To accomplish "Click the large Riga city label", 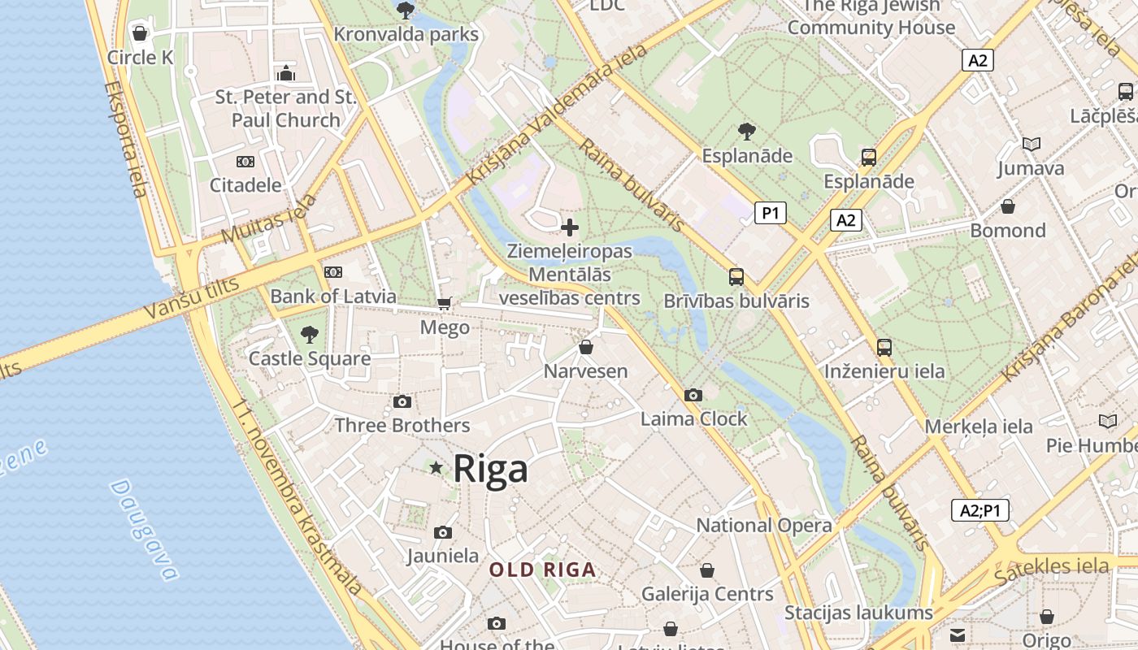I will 490,469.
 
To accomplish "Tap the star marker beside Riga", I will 437,467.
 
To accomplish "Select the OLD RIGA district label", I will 542,570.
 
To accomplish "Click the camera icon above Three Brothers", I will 402,401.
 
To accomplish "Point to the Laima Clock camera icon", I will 693,395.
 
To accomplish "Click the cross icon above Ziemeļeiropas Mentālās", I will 570,227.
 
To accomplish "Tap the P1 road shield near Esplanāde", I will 771,213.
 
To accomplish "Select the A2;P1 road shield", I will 979,510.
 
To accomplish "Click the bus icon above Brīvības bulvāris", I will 736,277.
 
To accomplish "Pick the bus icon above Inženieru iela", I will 884,348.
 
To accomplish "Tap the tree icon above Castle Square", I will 309,334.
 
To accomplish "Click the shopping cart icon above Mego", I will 444,303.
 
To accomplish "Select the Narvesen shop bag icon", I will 585,348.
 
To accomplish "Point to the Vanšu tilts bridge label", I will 192,297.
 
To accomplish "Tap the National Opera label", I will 764,526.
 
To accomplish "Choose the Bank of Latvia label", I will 333,297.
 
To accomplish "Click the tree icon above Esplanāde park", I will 746,131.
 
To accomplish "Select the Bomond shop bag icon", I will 1008,206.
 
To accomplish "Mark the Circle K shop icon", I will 140,33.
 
